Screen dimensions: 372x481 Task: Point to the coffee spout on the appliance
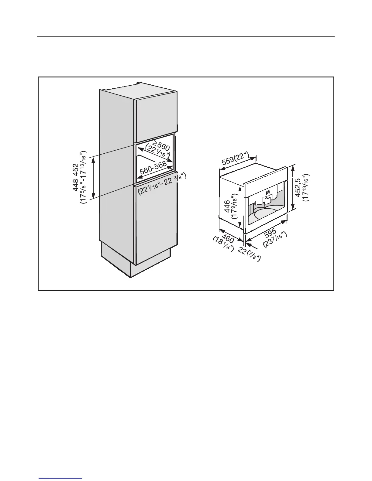pyautogui.click(x=267, y=201)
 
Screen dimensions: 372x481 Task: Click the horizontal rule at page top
pyautogui.click(x=186, y=37)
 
